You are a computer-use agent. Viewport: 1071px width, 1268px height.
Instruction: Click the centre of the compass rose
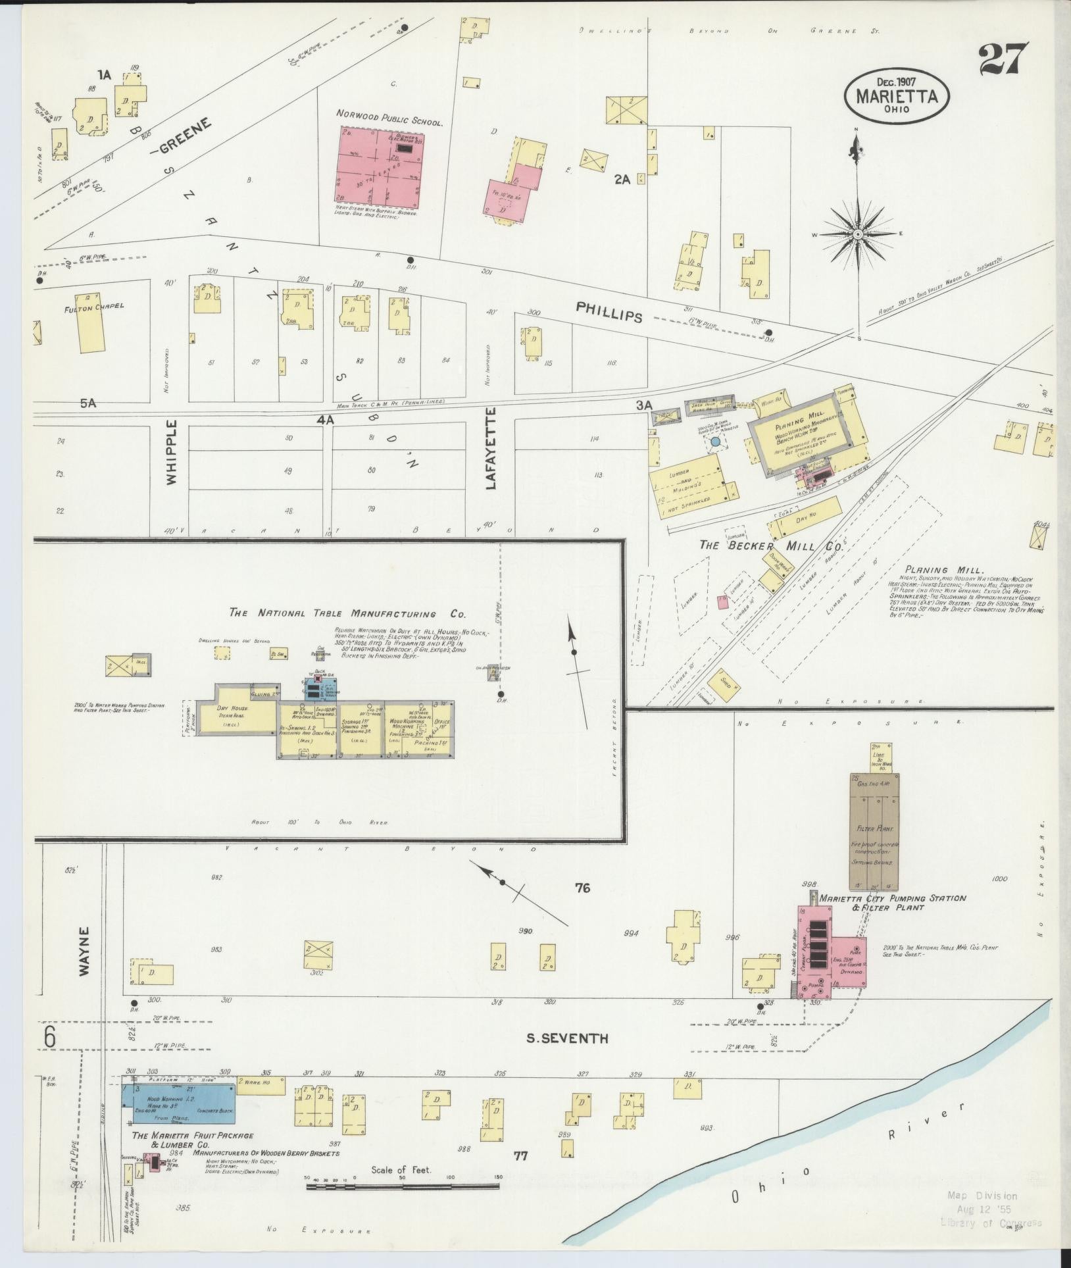click(858, 234)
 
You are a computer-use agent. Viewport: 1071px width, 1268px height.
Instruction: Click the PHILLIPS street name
click(609, 311)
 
